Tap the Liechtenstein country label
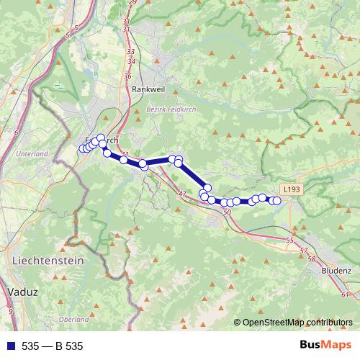point(48,260)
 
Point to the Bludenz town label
point(333,271)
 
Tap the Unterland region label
point(31,154)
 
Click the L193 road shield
point(292,189)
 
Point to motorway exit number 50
point(228,212)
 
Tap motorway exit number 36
point(127,76)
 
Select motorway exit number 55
point(290,240)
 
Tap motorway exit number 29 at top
point(132,3)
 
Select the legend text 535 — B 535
point(53,346)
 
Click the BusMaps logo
point(325,346)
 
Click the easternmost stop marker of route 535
point(277,201)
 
